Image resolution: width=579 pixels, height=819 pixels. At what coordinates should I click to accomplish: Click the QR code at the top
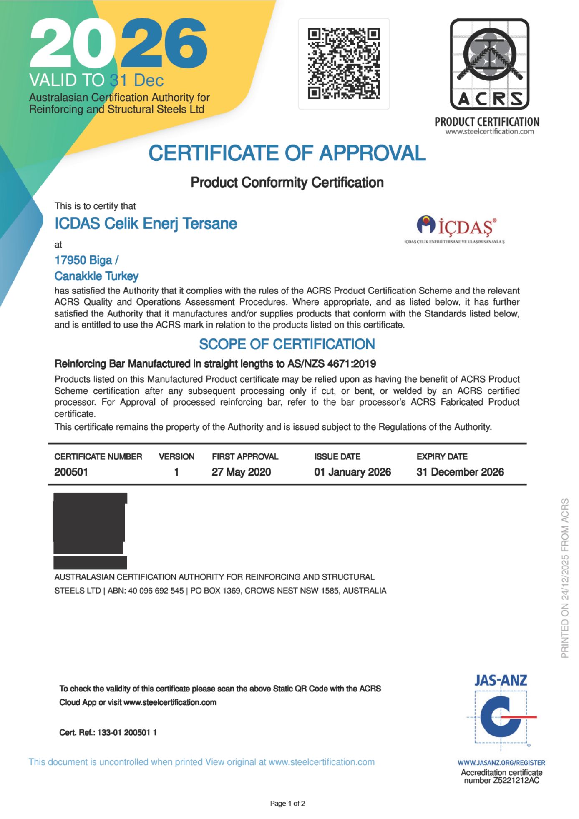344,63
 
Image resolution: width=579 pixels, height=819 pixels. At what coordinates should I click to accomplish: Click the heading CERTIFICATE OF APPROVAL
287,153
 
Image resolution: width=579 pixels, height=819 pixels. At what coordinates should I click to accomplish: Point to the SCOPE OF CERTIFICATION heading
287,344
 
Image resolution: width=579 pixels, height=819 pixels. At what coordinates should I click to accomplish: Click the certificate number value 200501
71,472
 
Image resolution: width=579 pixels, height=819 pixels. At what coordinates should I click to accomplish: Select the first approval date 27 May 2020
241,472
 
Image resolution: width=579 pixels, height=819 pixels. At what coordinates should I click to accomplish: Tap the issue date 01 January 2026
352,472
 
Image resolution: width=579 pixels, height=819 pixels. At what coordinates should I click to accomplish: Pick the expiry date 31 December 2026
460,472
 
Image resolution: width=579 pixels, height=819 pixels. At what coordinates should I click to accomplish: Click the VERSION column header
176,456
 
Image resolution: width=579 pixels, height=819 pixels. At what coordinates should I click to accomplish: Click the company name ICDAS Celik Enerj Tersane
146,224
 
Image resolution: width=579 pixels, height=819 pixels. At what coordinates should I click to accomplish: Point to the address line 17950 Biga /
86,260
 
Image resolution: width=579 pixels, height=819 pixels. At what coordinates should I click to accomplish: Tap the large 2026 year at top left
118,43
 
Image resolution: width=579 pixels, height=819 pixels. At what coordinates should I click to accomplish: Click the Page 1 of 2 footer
287,803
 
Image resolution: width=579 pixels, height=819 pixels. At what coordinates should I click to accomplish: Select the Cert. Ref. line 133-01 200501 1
108,732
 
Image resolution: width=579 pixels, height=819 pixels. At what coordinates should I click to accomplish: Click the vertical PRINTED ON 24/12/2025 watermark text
565,578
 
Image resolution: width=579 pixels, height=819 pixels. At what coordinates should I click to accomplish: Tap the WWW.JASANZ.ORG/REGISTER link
501,762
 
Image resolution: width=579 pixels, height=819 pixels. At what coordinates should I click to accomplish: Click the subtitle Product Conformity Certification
287,183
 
